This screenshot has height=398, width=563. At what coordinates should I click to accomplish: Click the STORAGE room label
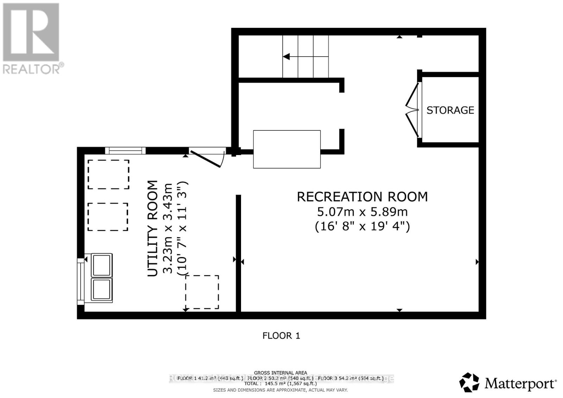point(450,110)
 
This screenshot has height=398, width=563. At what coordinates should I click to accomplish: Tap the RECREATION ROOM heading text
point(362,197)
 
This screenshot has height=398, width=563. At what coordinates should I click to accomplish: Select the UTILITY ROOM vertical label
point(153,229)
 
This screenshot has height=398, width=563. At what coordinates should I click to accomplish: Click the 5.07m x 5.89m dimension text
point(362,212)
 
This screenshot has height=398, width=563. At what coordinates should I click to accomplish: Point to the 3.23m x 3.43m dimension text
point(168,229)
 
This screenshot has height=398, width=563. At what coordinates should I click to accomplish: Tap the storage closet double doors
point(412,110)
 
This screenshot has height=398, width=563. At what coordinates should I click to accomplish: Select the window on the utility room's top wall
point(125,151)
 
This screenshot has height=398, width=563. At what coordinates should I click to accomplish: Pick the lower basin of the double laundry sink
point(102,289)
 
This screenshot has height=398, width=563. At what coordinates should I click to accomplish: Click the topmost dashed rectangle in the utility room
point(108,174)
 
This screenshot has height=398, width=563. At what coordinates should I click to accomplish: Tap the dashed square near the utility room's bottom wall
point(202,292)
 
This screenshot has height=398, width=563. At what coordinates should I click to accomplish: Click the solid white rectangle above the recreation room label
point(287,149)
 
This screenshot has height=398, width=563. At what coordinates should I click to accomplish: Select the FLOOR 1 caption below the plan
point(281,336)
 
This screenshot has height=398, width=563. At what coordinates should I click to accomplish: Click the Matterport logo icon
point(469,382)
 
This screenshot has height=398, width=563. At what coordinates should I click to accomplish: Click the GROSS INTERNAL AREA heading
point(280,373)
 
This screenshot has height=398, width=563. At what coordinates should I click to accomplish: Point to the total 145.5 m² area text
point(280,384)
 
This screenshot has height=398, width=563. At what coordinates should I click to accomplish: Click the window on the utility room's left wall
point(81,280)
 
